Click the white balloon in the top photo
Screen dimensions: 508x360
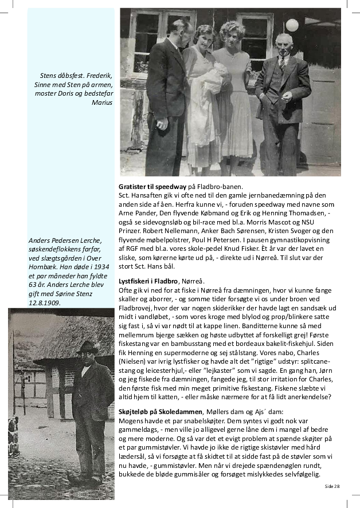(292, 25)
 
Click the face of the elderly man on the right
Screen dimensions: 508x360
(283, 43)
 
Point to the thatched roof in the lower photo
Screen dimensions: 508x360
(69, 338)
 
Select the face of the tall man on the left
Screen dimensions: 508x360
(179, 31)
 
